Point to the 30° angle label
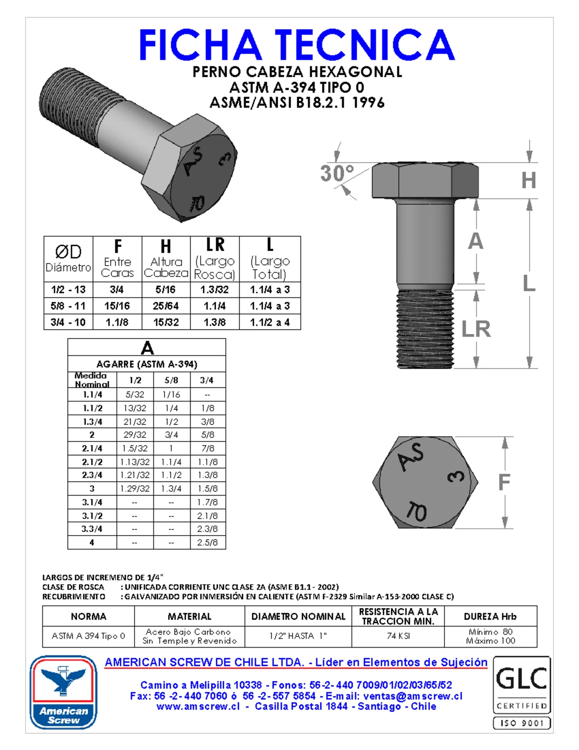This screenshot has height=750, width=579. pos(337,173)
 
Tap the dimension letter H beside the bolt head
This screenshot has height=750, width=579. pos(528,180)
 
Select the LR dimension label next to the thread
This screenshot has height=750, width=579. pos(476,329)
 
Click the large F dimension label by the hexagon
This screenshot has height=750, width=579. pos(504,482)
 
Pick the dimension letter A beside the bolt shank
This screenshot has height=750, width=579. pos(475,241)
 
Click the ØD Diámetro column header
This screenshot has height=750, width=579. pos(68,259)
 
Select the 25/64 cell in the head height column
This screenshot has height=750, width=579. pos(165,306)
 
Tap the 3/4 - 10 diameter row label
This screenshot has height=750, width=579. pos(68,322)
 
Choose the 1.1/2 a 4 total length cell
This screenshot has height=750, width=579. pos(270,322)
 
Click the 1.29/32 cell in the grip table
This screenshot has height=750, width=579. pos(135,489)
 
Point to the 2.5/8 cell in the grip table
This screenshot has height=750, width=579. pos(207,542)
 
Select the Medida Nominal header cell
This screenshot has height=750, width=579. pos(92,380)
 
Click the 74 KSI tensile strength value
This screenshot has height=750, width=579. pos(398,636)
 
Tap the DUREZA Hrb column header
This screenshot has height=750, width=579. pos(490,616)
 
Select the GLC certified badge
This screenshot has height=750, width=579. pos(521,684)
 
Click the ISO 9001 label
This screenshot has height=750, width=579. pos(521,723)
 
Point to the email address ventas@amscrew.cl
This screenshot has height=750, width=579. pos(413,696)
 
